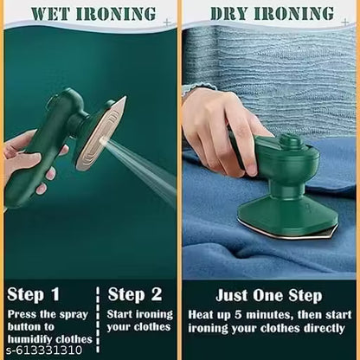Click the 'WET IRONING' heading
tap(89, 13)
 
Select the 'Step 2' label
tap(136, 293)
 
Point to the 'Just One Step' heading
tap(269, 295)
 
